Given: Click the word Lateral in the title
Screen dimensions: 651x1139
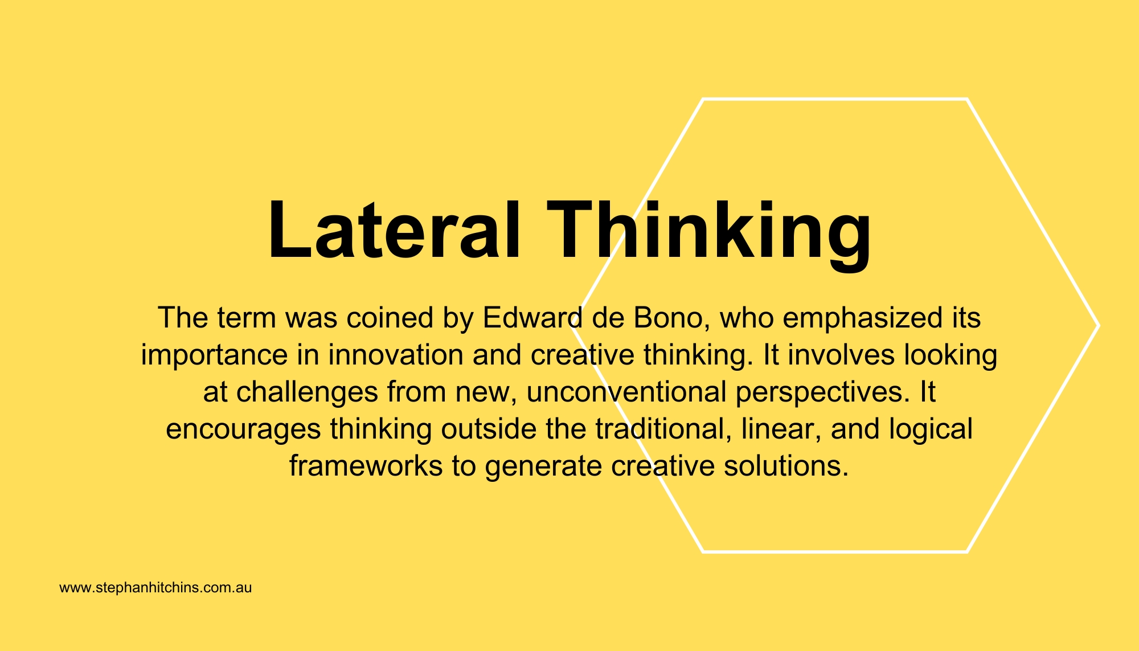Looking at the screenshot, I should point(394,231).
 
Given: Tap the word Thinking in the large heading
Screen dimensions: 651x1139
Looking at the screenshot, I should point(708,231).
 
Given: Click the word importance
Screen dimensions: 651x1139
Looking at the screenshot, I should point(214,355).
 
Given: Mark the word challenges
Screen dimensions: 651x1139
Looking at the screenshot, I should point(307,392).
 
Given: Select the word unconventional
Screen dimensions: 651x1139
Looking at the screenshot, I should point(626,392).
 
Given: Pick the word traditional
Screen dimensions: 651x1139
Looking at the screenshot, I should point(663,429).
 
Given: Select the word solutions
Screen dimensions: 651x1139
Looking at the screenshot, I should point(786,466).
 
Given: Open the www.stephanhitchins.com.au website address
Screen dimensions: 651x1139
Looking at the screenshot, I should point(155,588).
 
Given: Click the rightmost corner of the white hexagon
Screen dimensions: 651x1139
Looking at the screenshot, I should point(1097,325).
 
